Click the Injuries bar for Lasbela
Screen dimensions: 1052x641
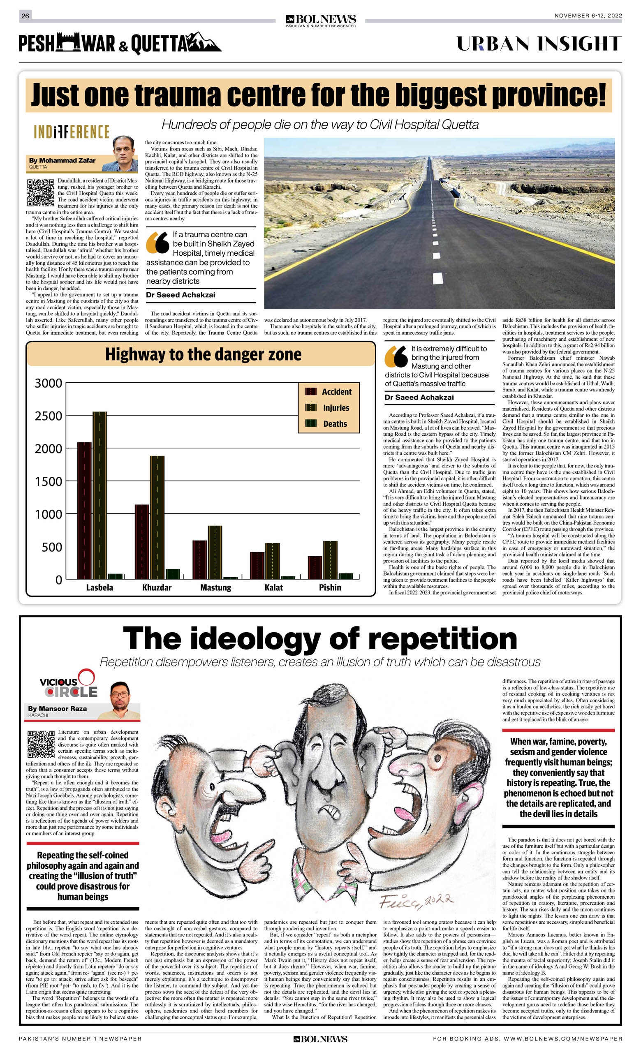(x=100, y=495)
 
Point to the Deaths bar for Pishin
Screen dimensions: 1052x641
(x=345, y=576)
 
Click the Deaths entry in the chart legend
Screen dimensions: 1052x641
(x=335, y=423)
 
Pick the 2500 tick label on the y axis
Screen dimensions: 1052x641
(x=48, y=416)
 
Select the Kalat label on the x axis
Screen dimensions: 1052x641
(x=273, y=587)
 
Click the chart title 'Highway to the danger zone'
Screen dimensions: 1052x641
(x=203, y=354)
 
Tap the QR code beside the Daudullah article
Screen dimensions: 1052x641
(x=41, y=192)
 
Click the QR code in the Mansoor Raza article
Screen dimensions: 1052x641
(x=41, y=744)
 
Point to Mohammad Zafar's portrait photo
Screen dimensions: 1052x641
(x=125, y=154)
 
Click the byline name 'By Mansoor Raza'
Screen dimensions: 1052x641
(x=57, y=708)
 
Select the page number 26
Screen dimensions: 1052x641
(x=25, y=16)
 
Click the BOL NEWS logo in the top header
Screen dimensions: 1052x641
(x=320, y=20)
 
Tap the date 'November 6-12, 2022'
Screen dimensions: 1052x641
(x=588, y=16)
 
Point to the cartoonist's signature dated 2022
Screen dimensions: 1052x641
(x=415, y=899)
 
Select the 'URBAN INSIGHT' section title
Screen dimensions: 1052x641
(x=539, y=44)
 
